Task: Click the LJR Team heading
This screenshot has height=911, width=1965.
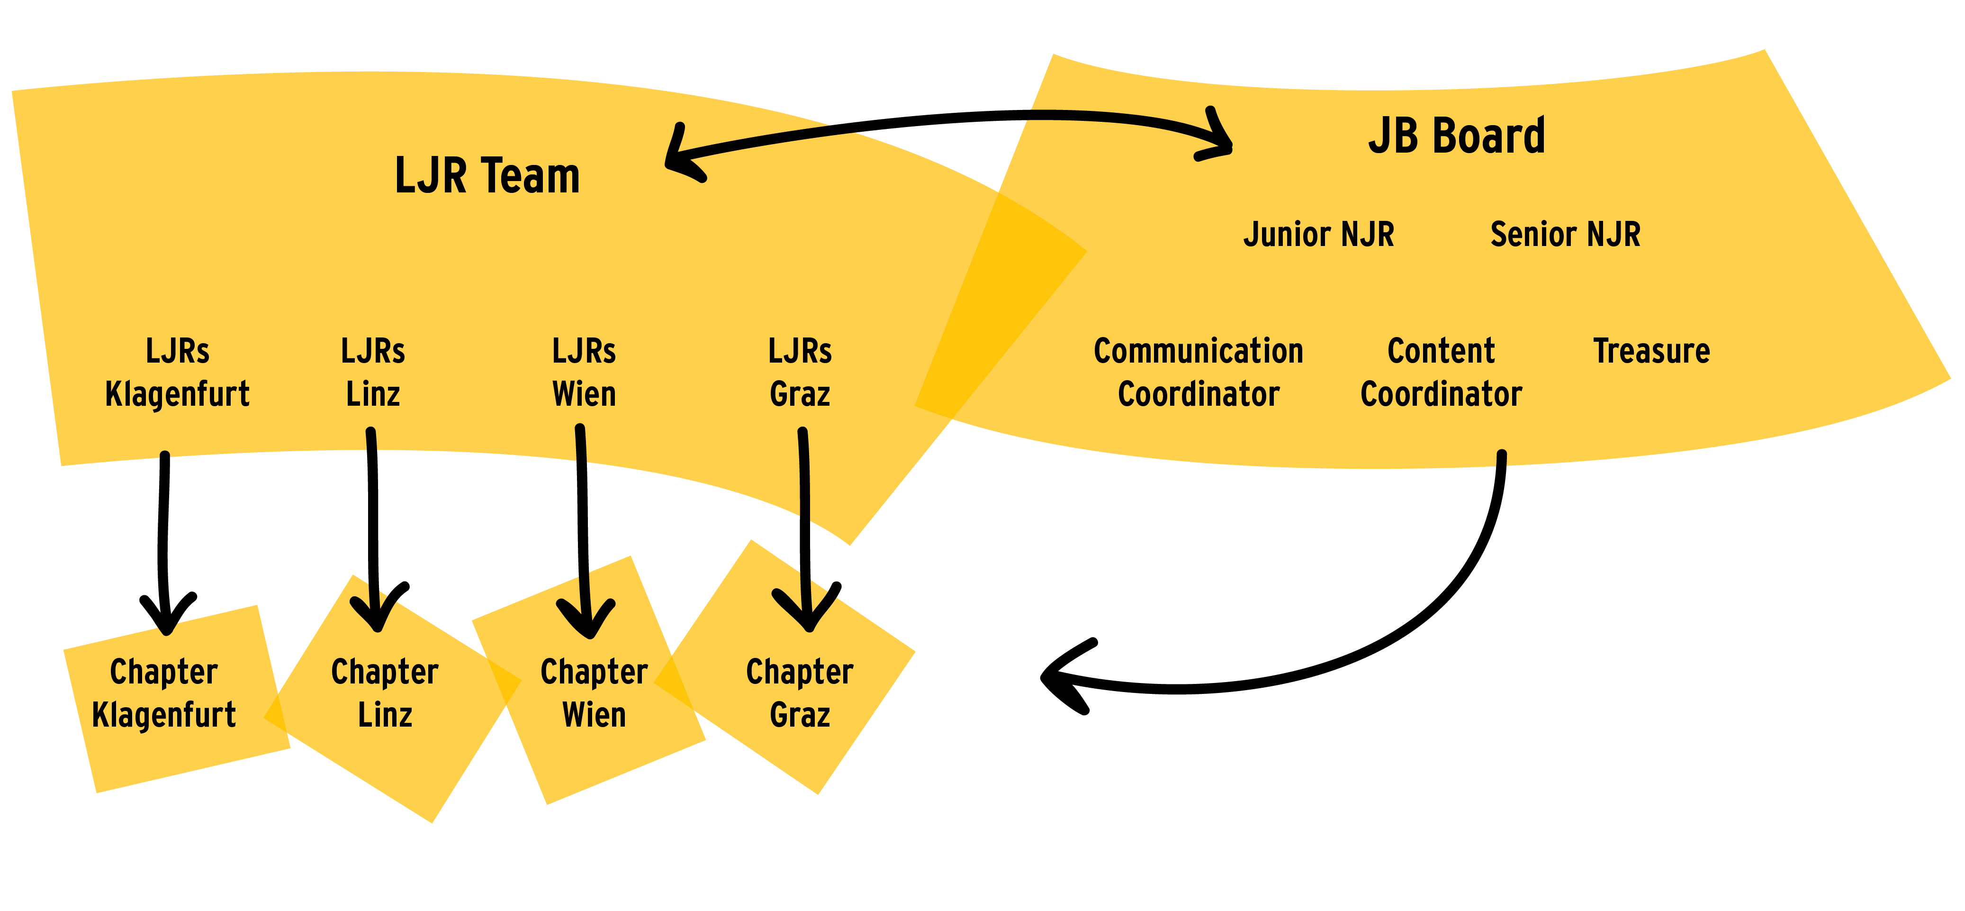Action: click(487, 175)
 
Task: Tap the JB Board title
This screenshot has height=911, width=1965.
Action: click(1456, 136)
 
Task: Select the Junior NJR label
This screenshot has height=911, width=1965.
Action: click(1319, 234)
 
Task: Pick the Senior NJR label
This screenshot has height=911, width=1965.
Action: click(1565, 234)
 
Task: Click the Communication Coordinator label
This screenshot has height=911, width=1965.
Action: click(1199, 373)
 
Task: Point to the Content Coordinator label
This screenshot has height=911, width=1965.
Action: click(1441, 373)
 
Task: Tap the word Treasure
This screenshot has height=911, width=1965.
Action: click(1651, 351)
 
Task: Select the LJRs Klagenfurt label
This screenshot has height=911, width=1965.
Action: click(177, 373)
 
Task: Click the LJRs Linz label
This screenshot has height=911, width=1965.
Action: click(373, 373)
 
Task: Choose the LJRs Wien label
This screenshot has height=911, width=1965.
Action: click(584, 373)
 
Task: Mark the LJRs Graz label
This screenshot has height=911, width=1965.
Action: click(800, 373)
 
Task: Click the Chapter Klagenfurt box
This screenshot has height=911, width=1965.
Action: click(176, 699)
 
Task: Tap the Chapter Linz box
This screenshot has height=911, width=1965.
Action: click(392, 699)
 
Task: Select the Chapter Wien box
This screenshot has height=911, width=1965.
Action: click(589, 680)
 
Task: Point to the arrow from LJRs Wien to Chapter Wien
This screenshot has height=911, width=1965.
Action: click(584, 534)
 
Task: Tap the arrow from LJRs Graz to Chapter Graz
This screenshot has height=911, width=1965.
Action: click(804, 530)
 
